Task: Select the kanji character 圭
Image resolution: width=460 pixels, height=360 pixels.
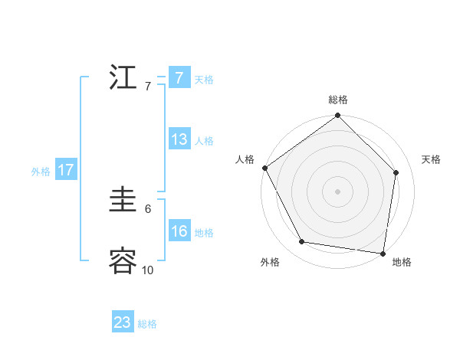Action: pos(123,201)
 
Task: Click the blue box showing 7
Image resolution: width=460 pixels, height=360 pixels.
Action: pos(179,78)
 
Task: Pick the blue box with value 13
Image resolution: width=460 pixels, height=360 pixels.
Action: pos(179,139)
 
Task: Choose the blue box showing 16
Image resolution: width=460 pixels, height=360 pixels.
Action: pos(179,231)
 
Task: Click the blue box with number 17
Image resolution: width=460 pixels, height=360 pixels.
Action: pos(66,170)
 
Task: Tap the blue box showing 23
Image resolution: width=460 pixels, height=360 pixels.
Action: pos(123,322)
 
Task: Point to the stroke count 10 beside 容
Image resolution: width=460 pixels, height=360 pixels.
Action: pos(148,270)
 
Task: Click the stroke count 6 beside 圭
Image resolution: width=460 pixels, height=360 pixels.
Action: pos(148,208)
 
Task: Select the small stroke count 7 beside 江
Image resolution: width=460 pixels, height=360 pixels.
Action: pos(148,86)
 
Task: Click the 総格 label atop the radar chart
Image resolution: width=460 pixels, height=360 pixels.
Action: pos(338,100)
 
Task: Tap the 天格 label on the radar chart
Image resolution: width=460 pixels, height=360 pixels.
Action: pos(432,159)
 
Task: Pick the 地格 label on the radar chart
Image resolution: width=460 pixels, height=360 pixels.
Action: pos(402,262)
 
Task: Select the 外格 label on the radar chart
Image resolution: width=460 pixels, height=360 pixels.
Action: pos(270,262)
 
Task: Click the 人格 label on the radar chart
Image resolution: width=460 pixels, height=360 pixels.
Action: pos(245,159)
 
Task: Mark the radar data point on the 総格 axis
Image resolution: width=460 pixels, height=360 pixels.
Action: pos(338,116)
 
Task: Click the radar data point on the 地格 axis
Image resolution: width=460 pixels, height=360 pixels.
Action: pos(382,252)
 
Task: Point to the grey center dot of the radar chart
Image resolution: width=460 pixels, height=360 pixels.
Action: pos(338,191)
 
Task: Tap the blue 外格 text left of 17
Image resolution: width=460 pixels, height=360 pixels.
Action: pos(41,172)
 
